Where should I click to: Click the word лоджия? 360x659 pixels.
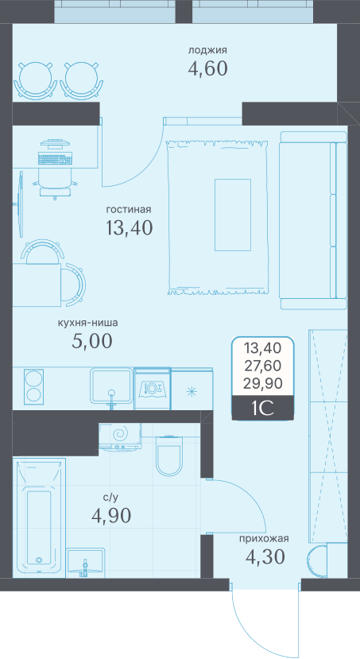[207, 51]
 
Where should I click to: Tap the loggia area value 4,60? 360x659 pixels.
[207, 68]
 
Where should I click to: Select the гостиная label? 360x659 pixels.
[129, 209]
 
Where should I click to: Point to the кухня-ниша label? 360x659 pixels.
[87, 324]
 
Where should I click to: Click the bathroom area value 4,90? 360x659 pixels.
[111, 515]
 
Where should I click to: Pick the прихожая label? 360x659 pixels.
[264, 539]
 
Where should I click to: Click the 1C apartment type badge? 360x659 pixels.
[263, 409]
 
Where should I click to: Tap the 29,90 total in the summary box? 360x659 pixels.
[263, 383]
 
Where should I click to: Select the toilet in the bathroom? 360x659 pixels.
[168, 456]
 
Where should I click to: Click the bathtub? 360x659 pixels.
[39, 518]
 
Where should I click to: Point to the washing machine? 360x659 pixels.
[120, 437]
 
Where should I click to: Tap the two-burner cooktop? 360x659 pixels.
[33, 385]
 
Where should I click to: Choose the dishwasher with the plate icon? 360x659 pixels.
[153, 389]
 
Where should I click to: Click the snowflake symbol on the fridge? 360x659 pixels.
[192, 392]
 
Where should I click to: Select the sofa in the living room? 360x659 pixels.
[313, 221]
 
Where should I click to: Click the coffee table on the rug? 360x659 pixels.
[233, 215]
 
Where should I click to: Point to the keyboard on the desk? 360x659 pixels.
[55, 159]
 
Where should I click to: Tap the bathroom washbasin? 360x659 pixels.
[85, 561]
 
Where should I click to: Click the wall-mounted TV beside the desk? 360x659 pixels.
[20, 204]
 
